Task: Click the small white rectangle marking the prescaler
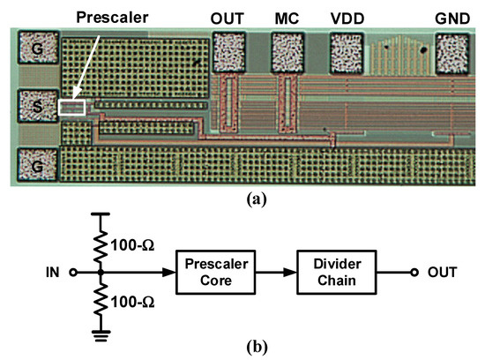(x=72, y=108)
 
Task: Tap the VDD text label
(x=347, y=19)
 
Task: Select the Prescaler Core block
(x=215, y=272)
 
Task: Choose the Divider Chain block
(x=339, y=272)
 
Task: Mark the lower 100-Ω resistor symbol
(x=102, y=302)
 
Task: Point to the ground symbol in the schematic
(x=102, y=333)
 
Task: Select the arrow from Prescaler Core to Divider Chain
(x=275, y=272)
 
